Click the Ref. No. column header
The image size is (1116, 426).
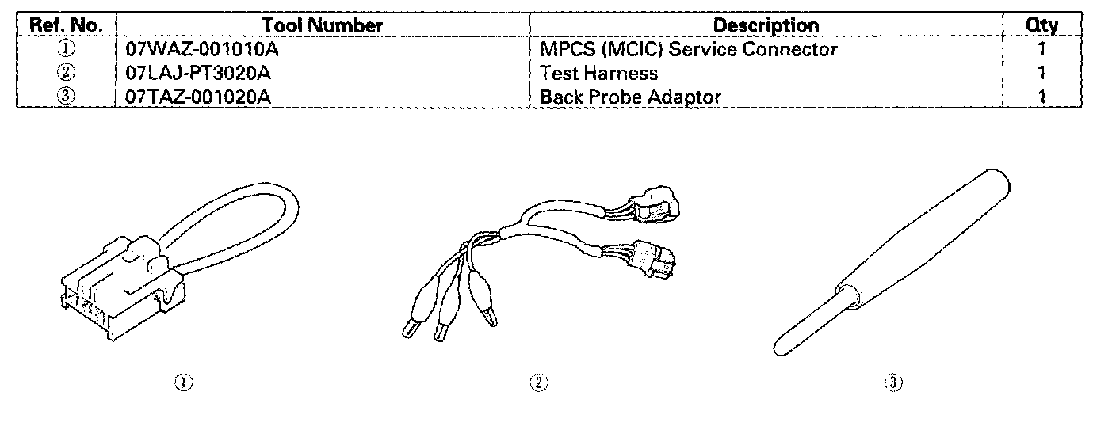click(x=67, y=25)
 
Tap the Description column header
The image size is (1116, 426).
click(x=766, y=25)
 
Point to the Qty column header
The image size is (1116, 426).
click(x=1041, y=25)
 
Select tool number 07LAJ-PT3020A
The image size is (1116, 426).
click(x=201, y=74)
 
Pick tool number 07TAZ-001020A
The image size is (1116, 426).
click(x=201, y=97)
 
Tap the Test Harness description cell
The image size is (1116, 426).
click(x=598, y=74)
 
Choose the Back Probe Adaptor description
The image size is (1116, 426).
click(x=630, y=97)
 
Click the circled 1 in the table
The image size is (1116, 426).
click(x=67, y=49)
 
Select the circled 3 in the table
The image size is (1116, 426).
click(x=67, y=97)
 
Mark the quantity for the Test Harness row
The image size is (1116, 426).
click(x=1041, y=74)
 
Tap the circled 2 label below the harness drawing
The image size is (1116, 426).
click(x=538, y=383)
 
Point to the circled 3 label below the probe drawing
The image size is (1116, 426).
click(x=892, y=383)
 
